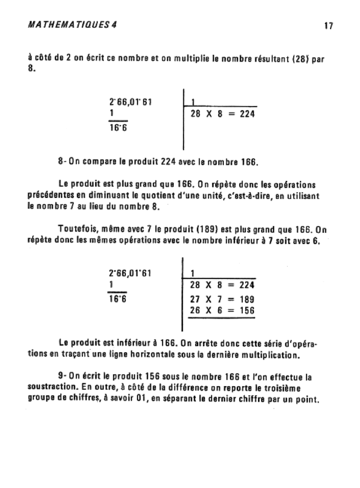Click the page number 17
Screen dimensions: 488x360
click(328, 26)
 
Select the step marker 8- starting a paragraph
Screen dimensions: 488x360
click(61, 162)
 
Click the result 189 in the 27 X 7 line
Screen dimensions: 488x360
click(247, 300)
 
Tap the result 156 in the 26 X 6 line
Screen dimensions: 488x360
click(247, 311)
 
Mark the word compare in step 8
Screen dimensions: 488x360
click(101, 162)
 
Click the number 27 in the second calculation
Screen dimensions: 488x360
click(195, 300)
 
